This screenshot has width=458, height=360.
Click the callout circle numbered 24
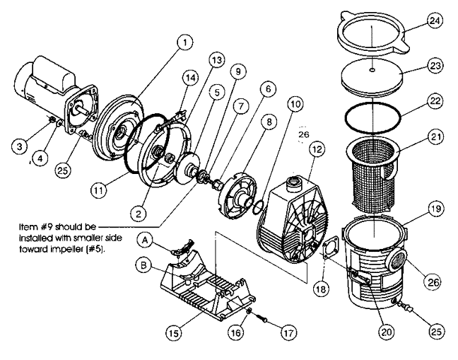click(435, 21)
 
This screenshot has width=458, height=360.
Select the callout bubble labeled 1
click(185, 42)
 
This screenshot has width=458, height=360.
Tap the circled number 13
click(217, 60)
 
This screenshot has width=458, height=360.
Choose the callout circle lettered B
click(143, 266)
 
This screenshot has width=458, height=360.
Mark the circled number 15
click(174, 332)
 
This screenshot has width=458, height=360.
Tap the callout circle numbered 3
click(20, 146)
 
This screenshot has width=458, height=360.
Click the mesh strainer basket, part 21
click(372, 173)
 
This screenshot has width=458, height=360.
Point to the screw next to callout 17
click(262, 318)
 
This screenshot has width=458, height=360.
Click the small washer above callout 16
click(249, 311)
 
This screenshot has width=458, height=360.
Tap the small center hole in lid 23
click(372, 70)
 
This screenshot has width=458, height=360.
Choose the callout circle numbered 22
click(435, 101)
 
